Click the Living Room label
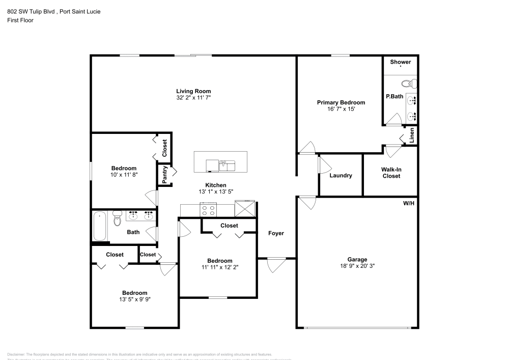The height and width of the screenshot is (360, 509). click(x=193, y=91)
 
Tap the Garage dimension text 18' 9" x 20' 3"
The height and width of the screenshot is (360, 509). click(x=357, y=266)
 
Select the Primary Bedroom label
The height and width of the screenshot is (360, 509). click(x=341, y=102)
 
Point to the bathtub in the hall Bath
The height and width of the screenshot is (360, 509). click(x=100, y=226)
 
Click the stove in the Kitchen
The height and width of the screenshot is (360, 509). click(x=208, y=209)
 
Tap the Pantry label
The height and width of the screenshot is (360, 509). click(x=165, y=175)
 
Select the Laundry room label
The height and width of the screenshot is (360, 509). click(x=341, y=176)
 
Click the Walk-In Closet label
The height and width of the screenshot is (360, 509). click(x=391, y=173)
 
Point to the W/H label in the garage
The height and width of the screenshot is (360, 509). click(x=408, y=203)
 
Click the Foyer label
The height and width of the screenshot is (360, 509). click(x=276, y=233)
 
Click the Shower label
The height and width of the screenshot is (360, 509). click(x=400, y=62)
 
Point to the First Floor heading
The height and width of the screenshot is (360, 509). click(x=20, y=21)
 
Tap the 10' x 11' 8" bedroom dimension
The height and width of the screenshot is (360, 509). click(x=124, y=175)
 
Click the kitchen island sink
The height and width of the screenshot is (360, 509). click(x=227, y=165)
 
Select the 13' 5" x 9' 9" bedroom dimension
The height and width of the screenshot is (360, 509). click(x=134, y=299)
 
